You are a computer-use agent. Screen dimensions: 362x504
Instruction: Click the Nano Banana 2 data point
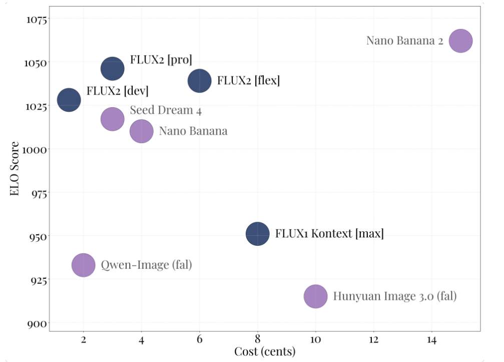coord(460,41)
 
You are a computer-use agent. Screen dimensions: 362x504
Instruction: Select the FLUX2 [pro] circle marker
coord(113,69)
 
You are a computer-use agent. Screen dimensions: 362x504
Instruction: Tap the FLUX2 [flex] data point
coord(199,81)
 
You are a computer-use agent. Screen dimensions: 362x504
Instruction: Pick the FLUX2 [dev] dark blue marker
coord(69,100)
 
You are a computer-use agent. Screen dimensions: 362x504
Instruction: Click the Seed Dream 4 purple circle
coord(113,119)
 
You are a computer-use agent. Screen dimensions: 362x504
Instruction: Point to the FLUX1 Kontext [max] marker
coord(257,234)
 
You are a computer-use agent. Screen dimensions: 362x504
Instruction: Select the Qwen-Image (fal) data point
coord(84,265)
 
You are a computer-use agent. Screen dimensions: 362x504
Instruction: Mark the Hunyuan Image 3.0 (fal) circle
coord(315,296)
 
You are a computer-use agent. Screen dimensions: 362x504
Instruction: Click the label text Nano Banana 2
coord(404,41)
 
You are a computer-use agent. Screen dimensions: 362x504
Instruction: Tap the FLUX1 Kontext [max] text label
coord(329,234)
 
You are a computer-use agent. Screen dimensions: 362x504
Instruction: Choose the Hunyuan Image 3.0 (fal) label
coord(395,296)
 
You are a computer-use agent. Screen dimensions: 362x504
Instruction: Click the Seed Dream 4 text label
coord(166,110)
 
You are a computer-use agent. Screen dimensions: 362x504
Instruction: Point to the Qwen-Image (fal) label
coord(146,265)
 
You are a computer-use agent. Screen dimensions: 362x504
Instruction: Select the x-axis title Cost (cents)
coord(265,351)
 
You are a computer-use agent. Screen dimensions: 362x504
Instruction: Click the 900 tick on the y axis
coord(37,323)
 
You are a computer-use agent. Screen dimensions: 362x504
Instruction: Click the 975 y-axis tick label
coord(37,193)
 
